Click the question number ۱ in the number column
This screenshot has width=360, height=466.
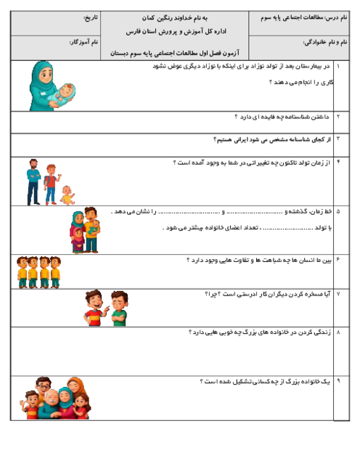coord(338,66)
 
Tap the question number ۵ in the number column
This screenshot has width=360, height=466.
coord(338,211)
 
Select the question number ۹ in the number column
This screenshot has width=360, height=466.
coord(338,380)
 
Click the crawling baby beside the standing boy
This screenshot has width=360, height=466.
coord(67,195)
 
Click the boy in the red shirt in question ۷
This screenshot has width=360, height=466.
coord(95,309)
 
